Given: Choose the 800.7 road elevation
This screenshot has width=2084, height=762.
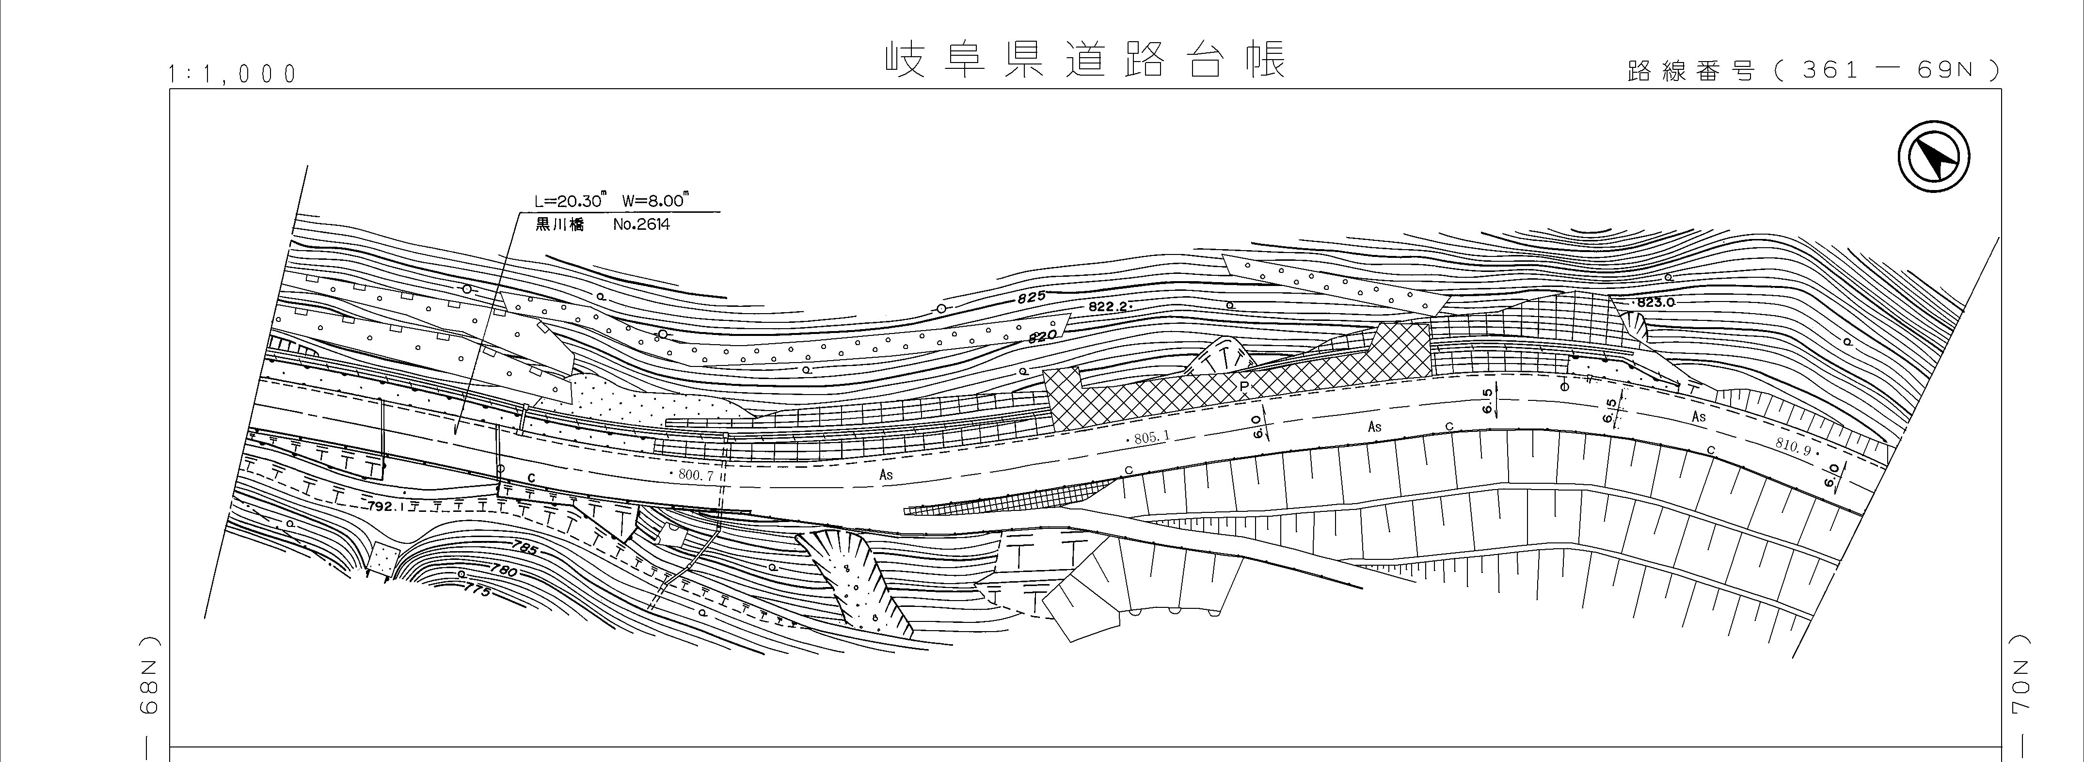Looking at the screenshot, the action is point(693,476).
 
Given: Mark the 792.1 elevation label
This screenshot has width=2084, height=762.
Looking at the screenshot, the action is point(383,507).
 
